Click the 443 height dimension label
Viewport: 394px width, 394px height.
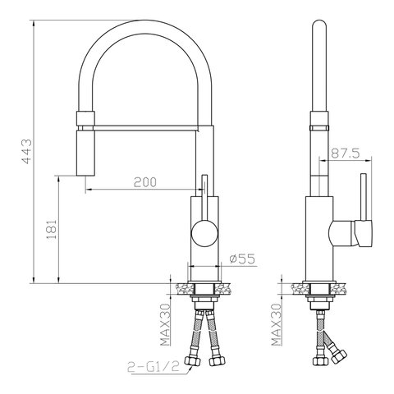coord(27,152)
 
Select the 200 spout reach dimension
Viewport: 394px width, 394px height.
coord(145,182)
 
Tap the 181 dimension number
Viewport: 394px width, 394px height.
coord(52,229)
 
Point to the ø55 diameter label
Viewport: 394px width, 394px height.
coord(242,259)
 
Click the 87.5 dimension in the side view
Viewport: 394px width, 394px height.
coord(346,153)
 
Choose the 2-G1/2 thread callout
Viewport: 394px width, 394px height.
coord(153,367)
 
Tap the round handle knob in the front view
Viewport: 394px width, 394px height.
coord(204,234)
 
